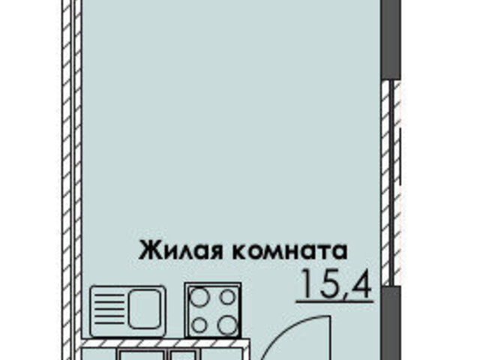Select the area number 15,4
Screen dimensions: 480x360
[337, 285]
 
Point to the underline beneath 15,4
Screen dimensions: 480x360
[334, 301]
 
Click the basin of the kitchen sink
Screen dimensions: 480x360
[145, 309]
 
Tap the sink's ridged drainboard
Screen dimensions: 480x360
[109, 309]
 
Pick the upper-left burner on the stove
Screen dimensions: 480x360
[199, 297]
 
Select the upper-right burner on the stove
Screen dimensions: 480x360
[228, 297]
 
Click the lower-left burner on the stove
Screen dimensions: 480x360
[199, 325]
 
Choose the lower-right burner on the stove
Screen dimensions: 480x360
[228, 325]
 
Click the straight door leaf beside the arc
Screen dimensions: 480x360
[330, 337]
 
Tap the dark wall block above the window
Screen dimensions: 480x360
[391, 40]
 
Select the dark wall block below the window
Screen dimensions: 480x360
[391, 323]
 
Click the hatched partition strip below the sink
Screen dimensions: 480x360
[165, 343]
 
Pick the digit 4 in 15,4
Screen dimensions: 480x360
[361, 283]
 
